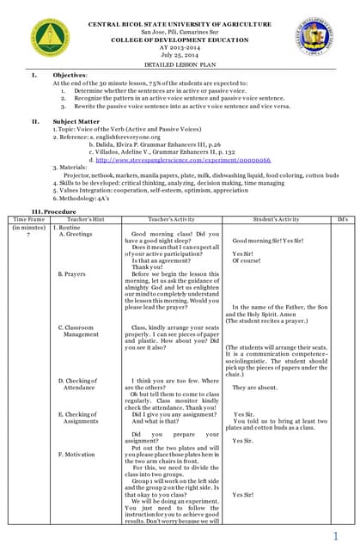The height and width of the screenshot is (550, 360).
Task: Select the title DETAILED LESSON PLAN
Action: point(180,65)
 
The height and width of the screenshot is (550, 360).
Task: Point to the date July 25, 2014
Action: point(180,55)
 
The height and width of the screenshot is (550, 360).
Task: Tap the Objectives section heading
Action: point(70,76)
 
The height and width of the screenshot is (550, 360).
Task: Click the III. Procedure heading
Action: point(54,211)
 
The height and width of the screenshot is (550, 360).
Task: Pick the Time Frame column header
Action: point(29,220)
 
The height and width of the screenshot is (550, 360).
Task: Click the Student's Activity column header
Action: point(277,220)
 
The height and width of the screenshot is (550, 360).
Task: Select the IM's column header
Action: point(343,220)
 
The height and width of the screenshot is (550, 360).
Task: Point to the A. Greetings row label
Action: point(76,234)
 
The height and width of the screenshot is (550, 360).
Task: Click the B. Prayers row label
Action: point(73,274)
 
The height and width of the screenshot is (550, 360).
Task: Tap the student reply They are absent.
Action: point(254,388)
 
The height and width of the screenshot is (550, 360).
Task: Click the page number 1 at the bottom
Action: point(347,535)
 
